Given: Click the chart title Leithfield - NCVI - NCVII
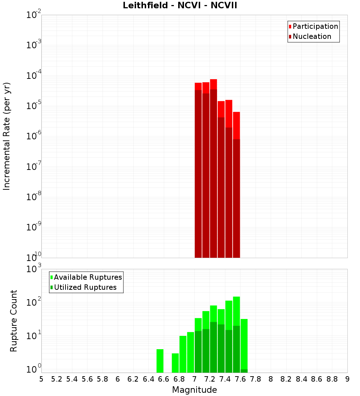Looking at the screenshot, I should point(180,6).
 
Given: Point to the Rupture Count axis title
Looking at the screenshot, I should point(14,321).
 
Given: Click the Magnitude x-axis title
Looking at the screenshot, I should point(194,390).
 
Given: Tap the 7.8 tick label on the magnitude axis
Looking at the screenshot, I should point(256,379).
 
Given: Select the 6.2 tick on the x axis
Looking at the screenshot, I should point(133,379).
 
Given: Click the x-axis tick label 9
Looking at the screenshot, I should point(347,379).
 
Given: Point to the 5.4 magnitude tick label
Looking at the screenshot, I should point(72,379).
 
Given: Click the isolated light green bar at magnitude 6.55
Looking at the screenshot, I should point(160,361).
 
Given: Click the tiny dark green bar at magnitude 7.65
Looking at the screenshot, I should point(244,371).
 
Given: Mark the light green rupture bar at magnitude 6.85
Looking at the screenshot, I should point(183,354).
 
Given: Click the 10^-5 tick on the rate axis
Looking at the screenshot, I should point(33,106).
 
